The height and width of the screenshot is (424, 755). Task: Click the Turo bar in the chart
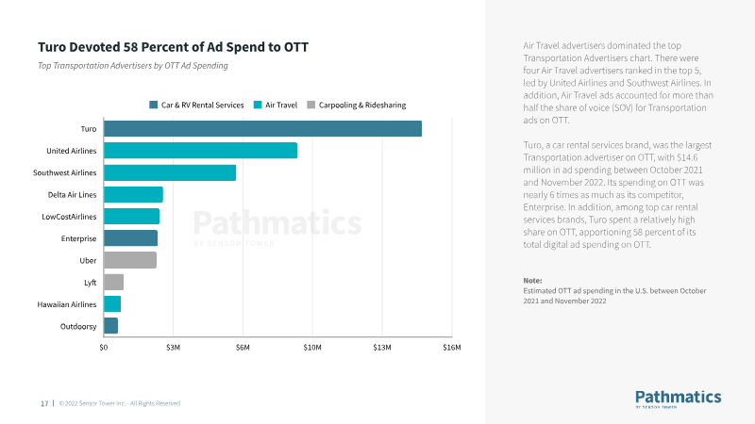click(262, 128)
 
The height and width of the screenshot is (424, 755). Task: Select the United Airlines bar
click(200, 151)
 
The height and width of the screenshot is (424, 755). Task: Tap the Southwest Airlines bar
click(170, 172)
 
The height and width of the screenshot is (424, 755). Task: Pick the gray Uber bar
click(130, 260)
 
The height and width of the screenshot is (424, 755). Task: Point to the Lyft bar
click(113, 282)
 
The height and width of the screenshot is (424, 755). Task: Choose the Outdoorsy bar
click(110, 326)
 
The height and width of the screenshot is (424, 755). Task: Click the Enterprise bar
click(130, 238)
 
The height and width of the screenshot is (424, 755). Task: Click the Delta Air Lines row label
click(73, 195)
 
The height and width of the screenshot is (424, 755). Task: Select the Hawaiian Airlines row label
click(67, 304)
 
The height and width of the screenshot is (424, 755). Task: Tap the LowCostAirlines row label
click(69, 217)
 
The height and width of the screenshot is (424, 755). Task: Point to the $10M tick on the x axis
click(312, 347)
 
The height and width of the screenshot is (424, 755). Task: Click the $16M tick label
click(452, 347)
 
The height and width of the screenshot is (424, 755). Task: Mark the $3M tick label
click(173, 347)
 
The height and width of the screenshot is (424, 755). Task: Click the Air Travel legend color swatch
click(258, 105)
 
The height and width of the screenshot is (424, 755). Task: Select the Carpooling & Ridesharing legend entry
click(357, 105)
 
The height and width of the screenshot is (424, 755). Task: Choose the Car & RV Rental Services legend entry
click(196, 105)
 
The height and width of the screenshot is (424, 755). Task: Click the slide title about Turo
click(174, 47)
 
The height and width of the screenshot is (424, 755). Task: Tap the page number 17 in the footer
click(44, 403)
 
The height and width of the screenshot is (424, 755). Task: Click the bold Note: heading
click(532, 280)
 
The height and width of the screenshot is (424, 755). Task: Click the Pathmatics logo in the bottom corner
click(679, 399)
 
